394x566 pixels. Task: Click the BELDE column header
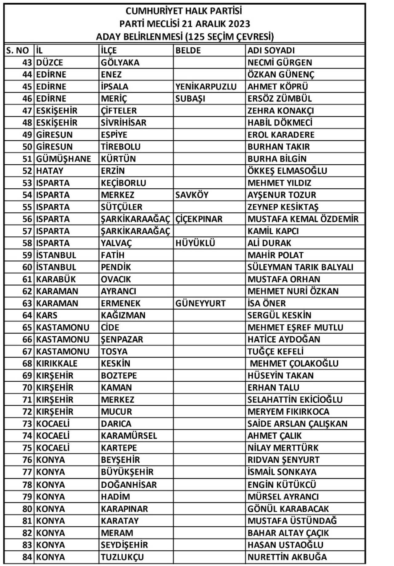coord(188,50)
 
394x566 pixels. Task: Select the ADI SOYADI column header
coord(271,50)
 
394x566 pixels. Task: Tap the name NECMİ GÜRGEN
coord(279,63)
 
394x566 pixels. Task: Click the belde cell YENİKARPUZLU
coord(206,87)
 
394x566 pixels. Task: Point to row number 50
coord(27,147)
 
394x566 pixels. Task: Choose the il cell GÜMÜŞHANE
coord(63,159)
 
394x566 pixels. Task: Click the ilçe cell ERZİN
coord(113,171)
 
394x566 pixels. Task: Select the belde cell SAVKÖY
coord(192,195)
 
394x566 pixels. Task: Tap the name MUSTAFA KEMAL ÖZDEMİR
coord(303,219)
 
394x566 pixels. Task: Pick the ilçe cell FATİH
coord(112,255)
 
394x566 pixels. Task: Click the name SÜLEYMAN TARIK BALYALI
coord(300,267)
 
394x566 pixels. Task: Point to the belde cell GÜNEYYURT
coord(200,303)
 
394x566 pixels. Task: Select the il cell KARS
coord(47,315)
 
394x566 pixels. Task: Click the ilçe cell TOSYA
coord(114,351)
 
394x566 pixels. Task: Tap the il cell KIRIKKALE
coord(57,363)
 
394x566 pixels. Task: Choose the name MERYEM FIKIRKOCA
coord(288,412)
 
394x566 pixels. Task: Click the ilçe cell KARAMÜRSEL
coord(129,436)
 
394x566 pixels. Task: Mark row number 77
coord(27,472)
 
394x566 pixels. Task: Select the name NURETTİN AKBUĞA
coord(287,557)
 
